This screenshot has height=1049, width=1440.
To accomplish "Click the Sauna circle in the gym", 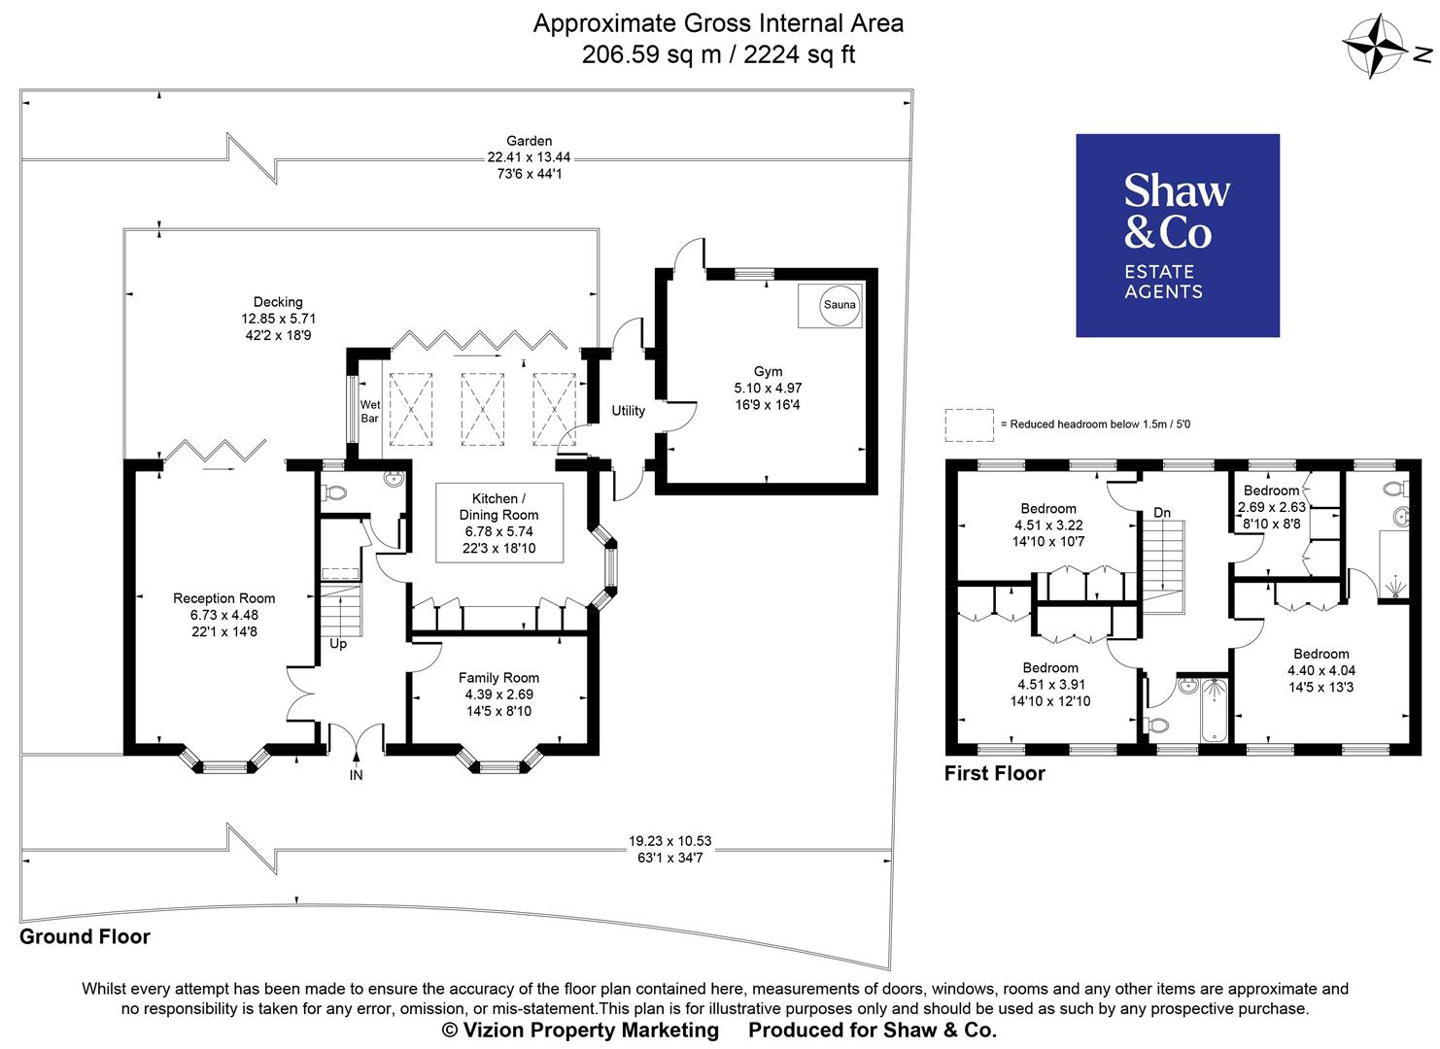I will click(x=840, y=305).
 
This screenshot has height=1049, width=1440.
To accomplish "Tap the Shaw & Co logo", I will click(x=1177, y=236).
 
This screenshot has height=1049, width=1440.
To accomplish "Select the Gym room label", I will click(x=768, y=371).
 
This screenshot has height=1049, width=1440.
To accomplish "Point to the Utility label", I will click(x=628, y=411).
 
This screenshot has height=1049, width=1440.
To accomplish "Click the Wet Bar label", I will click(x=370, y=412).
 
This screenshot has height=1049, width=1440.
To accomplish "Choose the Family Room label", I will click(x=498, y=678).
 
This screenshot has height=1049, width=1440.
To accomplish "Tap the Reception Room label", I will click(x=223, y=598).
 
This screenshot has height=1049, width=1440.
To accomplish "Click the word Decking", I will click(x=278, y=302).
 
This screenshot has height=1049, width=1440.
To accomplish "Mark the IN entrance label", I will click(x=357, y=775).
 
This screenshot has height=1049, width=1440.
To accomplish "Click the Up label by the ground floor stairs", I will click(x=338, y=644).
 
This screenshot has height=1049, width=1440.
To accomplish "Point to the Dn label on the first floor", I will click(x=1162, y=512).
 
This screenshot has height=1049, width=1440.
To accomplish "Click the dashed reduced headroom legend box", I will click(x=969, y=424).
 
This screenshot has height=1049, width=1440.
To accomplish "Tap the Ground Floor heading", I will click(x=86, y=936).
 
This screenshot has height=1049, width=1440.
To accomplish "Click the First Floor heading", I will click(x=995, y=773).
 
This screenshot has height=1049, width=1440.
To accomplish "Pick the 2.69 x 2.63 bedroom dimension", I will click(x=1271, y=507).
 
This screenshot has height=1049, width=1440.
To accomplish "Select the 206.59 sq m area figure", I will click(x=652, y=54).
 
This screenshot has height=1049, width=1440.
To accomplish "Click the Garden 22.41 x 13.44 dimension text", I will click(x=529, y=157).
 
